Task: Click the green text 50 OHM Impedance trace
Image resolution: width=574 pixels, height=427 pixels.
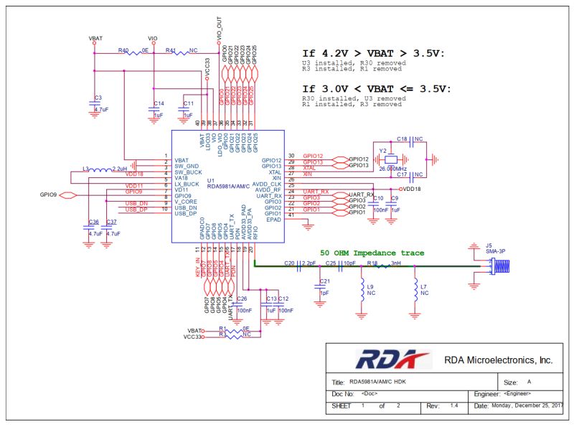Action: (372, 253)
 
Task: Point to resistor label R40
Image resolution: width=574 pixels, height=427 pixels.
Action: (123, 51)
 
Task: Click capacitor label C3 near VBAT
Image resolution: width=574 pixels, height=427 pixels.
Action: (98, 98)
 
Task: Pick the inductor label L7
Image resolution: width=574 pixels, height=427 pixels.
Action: (423, 287)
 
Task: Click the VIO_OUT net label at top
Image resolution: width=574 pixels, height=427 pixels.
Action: (219, 29)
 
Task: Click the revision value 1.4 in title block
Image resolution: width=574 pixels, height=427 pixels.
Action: (453, 406)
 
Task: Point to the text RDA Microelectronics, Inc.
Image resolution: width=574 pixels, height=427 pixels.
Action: (499, 360)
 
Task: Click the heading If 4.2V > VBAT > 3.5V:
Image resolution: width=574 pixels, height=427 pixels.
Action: (374, 54)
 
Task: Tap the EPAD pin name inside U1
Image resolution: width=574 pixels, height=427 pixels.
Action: (273, 220)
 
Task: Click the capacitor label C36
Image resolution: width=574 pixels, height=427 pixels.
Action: (93, 222)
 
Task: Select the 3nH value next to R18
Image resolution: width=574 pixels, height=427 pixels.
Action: (395, 264)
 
